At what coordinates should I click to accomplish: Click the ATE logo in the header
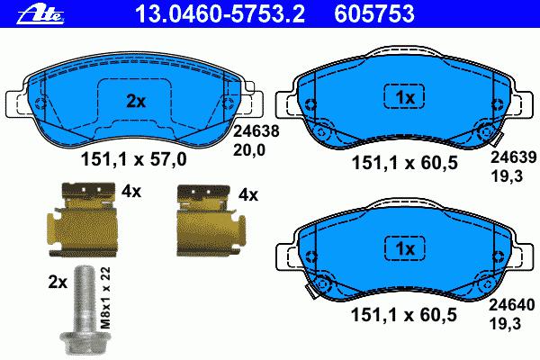pos(40,13)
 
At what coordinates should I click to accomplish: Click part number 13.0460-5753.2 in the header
pos(220,13)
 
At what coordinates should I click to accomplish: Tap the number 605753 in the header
pos(374,13)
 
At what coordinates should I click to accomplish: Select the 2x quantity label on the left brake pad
pos(136,102)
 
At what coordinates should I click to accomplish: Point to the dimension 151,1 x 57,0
pos(133,160)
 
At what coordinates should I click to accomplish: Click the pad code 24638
pos(256,131)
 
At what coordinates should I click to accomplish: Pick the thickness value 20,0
pos(249,150)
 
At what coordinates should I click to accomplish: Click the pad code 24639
pos(514,157)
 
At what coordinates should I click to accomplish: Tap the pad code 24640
pos(512,305)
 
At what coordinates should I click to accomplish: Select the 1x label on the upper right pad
pos(405,98)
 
